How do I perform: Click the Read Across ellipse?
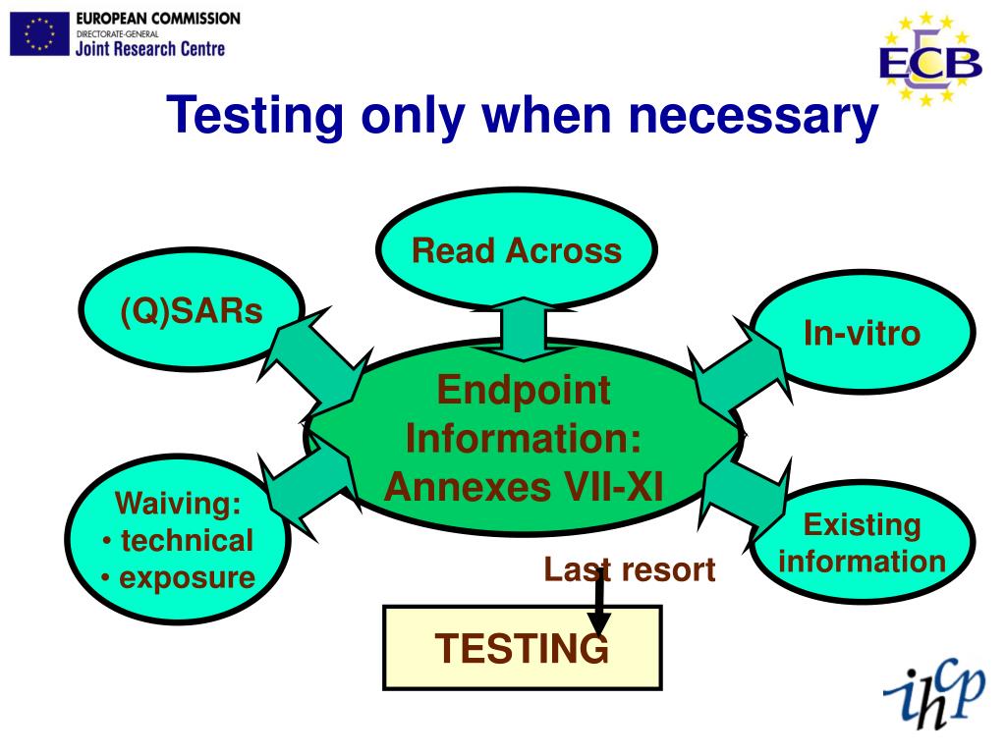(x=516, y=249)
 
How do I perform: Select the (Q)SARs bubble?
(x=192, y=312)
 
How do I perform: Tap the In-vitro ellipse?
(x=862, y=333)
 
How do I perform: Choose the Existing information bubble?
(x=862, y=543)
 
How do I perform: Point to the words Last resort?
(x=630, y=569)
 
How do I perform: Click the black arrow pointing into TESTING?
(x=598, y=601)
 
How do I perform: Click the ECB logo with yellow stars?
(x=928, y=59)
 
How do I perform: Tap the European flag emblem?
(x=39, y=34)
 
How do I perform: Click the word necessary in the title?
(x=753, y=116)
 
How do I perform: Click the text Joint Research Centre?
(x=149, y=47)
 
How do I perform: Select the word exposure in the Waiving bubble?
(x=187, y=577)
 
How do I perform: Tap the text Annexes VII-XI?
(x=524, y=485)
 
